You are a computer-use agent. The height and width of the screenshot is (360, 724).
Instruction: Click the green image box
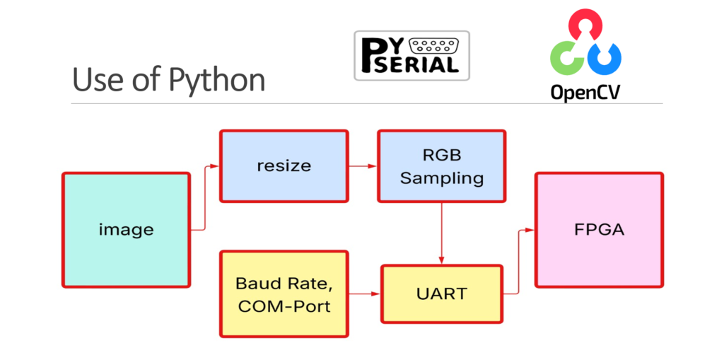click(x=126, y=230)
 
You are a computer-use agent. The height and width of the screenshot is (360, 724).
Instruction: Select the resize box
click(x=284, y=166)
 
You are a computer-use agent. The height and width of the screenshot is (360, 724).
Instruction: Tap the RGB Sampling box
click(x=441, y=166)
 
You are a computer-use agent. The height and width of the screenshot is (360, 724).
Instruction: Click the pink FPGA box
click(x=599, y=230)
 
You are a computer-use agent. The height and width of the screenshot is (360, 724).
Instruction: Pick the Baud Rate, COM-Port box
click(x=284, y=294)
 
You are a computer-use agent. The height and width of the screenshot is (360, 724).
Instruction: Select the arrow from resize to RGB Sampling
click(x=362, y=167)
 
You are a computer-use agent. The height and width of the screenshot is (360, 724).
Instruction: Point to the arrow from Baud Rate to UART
click(x=364, y=294)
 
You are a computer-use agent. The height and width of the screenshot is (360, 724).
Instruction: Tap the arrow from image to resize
click(x=204, y=198)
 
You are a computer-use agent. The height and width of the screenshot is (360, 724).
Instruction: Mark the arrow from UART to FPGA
click(x=519, y=262)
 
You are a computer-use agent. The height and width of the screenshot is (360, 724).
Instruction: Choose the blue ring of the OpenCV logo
click(x=607, y=57)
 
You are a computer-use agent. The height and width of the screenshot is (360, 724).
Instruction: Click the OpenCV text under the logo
click(x=585, y=91)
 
